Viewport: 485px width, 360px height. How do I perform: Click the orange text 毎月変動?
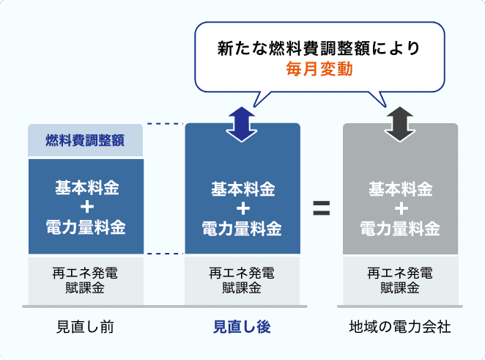click(x=319, y=70)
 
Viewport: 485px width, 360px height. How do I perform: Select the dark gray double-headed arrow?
click(x=400, y=122)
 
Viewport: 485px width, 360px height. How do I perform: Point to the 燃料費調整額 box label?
click(x=84, y=140)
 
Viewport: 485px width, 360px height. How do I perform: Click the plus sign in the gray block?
click(x=400, y=209)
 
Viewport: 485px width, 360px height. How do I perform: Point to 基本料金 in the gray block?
click(x=400, y=190)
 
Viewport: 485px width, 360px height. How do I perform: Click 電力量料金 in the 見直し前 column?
click(x=84, y=227)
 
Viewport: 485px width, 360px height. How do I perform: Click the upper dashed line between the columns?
click(x=164, y=124)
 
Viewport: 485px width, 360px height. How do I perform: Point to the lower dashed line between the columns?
click(x=164, y=254)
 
